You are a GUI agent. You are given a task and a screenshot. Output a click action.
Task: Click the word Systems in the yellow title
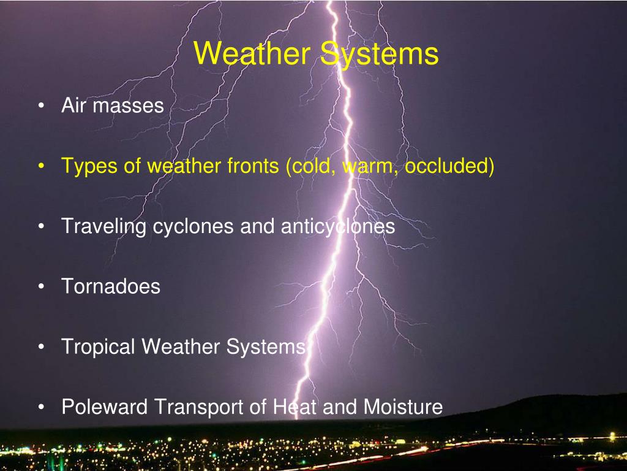(380, 54)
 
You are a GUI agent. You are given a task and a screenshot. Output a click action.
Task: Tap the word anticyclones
(338, 227)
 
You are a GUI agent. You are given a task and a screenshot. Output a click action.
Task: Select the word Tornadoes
(111, 286)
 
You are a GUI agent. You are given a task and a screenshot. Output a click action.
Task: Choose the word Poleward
(105, 407)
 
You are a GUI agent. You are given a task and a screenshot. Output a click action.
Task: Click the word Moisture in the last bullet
(403, 407)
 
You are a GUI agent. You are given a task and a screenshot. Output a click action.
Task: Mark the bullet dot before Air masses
(40, 106)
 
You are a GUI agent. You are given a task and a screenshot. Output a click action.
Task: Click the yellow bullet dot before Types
(40, 167)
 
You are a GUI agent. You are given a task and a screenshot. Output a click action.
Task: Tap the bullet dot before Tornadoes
(40, 287)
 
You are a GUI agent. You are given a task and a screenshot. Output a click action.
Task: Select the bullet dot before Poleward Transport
(40, 407)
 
